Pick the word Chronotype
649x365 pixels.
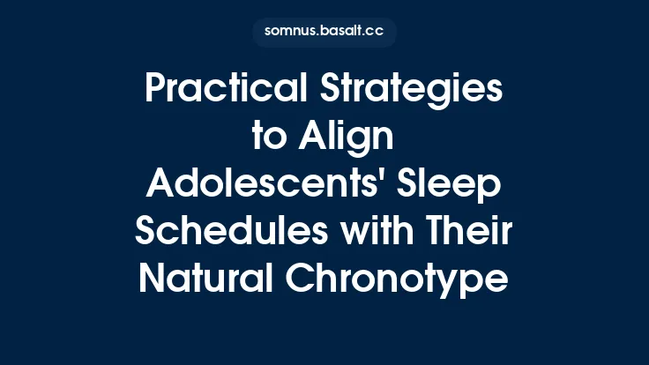pos(399,280)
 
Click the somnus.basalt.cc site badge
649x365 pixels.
pos(324,33)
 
